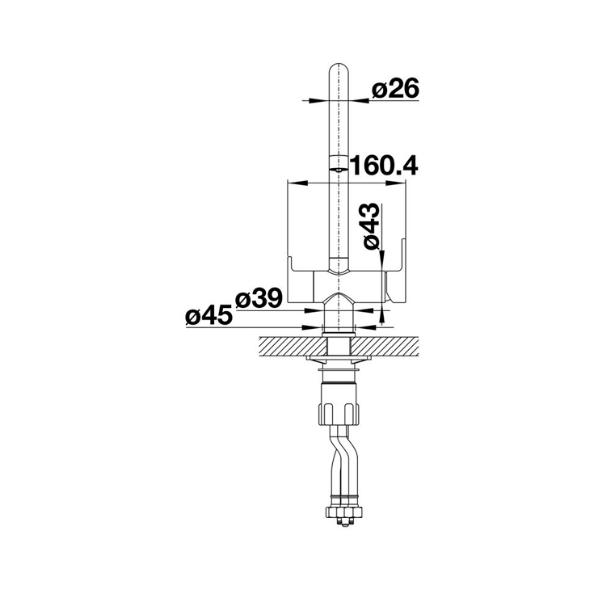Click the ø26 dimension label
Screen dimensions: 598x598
395,89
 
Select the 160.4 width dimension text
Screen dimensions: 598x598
384,166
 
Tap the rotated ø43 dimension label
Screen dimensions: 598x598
371,226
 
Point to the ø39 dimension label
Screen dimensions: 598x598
259,298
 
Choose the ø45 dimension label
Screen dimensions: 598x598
209,315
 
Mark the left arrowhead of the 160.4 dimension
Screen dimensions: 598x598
297,183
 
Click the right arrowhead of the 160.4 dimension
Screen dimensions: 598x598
395,183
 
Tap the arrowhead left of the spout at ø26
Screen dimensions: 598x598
319,101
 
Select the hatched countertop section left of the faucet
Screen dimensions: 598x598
293,347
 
